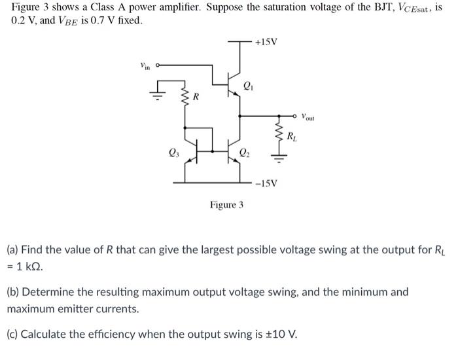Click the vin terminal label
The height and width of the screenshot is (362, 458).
145,65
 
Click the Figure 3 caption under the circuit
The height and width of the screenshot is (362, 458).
226,205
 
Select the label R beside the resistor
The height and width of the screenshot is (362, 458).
196,97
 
